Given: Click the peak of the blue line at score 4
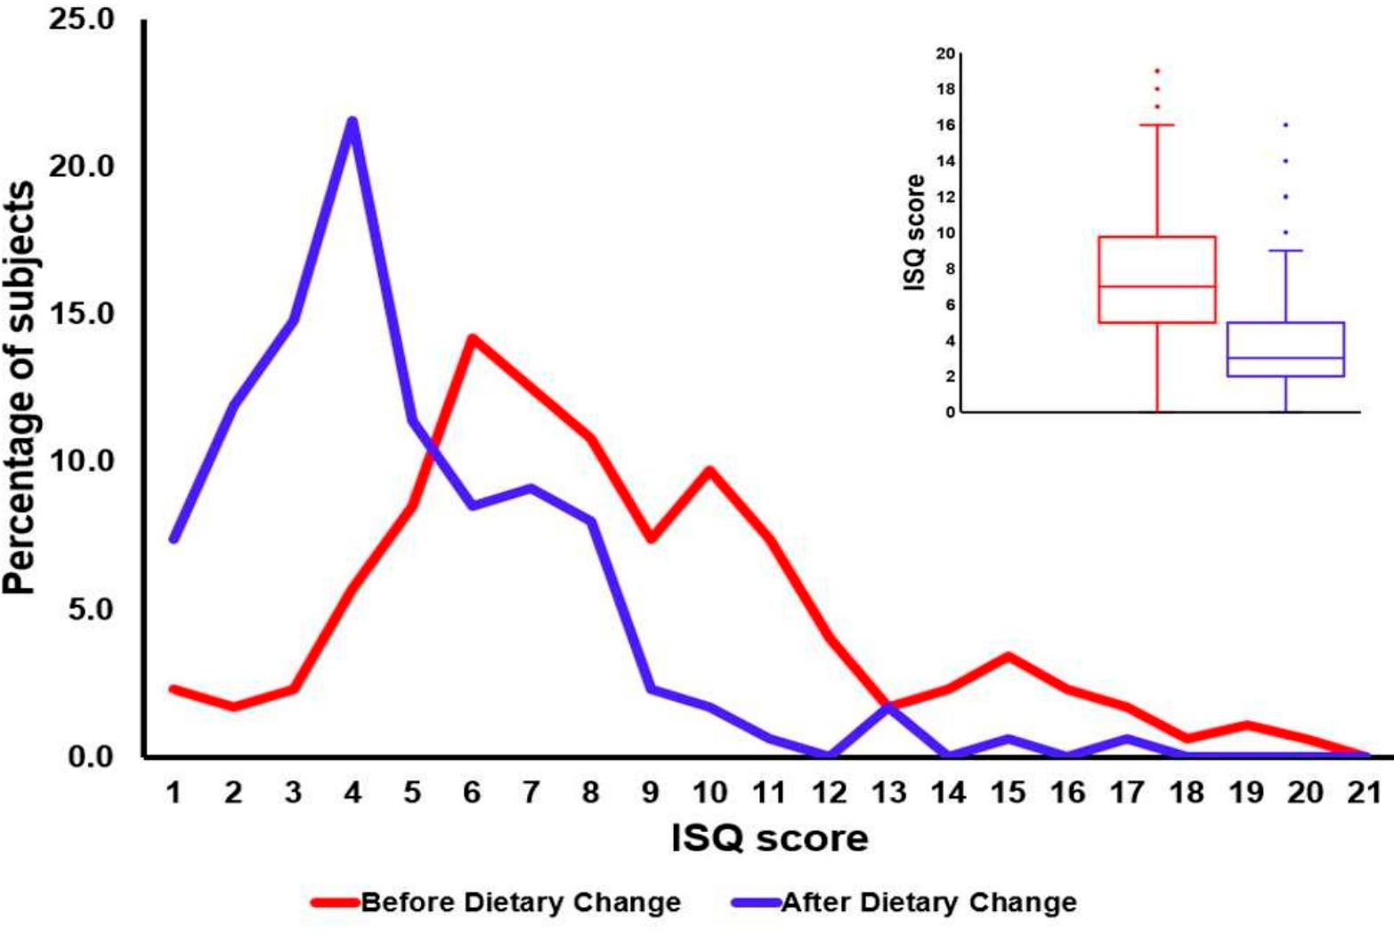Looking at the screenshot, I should click(x=353, y=121).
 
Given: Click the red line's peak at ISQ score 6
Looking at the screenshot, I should click(x=472, y=338).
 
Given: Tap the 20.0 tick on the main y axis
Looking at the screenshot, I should click(x=82, y=166).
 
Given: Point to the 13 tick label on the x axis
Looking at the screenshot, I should click(x=889, y=792).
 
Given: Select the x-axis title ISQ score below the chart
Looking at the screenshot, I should click(x=769, y=838).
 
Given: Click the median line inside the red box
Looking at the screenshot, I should click(x=1157, y=286).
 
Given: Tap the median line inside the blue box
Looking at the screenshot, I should click(x=1285, y=358).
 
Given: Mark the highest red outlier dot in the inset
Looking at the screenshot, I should click(x=1157, y=70).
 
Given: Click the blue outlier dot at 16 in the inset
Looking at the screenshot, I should click(x=1285, y=125).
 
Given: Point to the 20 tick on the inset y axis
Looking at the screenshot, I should click(x=944, y=53).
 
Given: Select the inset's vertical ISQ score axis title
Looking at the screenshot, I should click(x=914, y=233).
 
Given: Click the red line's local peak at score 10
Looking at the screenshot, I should click(x=709, y=469).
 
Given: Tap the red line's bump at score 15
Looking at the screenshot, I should click(x=1008, y=657).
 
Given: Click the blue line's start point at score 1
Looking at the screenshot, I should click(x=174, y=539).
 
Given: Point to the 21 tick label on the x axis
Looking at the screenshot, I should click(x=1364, y=792).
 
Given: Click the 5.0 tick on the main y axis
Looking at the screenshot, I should click(x=90, y=609).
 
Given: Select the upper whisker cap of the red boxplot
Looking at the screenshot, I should click(x=1157, y=125).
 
